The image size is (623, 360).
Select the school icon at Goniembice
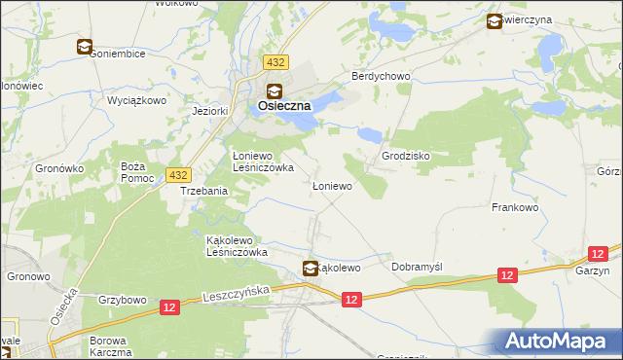point(85,46)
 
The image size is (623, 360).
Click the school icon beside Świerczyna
point(494,19)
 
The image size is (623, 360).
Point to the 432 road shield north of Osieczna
point(275,62)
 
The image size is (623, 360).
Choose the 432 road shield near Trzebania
point(176,174)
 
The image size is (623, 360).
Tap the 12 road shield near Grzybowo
point(169,307)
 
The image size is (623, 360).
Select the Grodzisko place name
point(406,156)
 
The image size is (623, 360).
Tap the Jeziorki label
point(210,110)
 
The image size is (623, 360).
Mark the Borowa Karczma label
point(110,347)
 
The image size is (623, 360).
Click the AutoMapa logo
point(555,342)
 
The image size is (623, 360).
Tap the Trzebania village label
point(203,191)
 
